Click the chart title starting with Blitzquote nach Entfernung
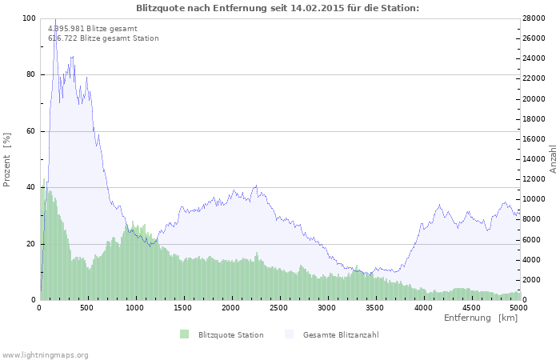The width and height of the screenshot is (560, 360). tap(278, 8)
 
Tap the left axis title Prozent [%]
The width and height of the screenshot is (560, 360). tap(6, 160)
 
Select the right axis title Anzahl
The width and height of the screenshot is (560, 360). tap(553, 159)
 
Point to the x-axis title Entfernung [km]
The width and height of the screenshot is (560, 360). tap(481, 318)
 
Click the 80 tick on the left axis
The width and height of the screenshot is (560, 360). tap(30, 74)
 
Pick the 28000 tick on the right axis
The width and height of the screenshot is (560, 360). tap(534, 18)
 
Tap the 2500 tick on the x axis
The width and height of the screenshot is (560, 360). tap(278, 308)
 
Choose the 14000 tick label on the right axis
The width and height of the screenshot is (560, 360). tap(534, 159)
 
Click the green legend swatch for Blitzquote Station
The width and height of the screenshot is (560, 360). tap(184, 334)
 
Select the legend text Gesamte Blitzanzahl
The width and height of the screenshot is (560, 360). tap(341, 335)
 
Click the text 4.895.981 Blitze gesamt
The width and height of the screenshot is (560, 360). tap(93, 29)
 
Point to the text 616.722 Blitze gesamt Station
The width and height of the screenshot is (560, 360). tap(103, 38)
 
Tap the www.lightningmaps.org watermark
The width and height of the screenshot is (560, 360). tap(45, 355)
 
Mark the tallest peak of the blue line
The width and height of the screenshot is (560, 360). tap(55, 19)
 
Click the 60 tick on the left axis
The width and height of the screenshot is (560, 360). tap(30, 131)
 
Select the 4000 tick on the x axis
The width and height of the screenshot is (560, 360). tap(423, 308)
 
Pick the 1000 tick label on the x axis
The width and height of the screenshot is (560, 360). tap(134, 308)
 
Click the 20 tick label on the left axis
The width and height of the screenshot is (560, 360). tap(30, 244)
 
